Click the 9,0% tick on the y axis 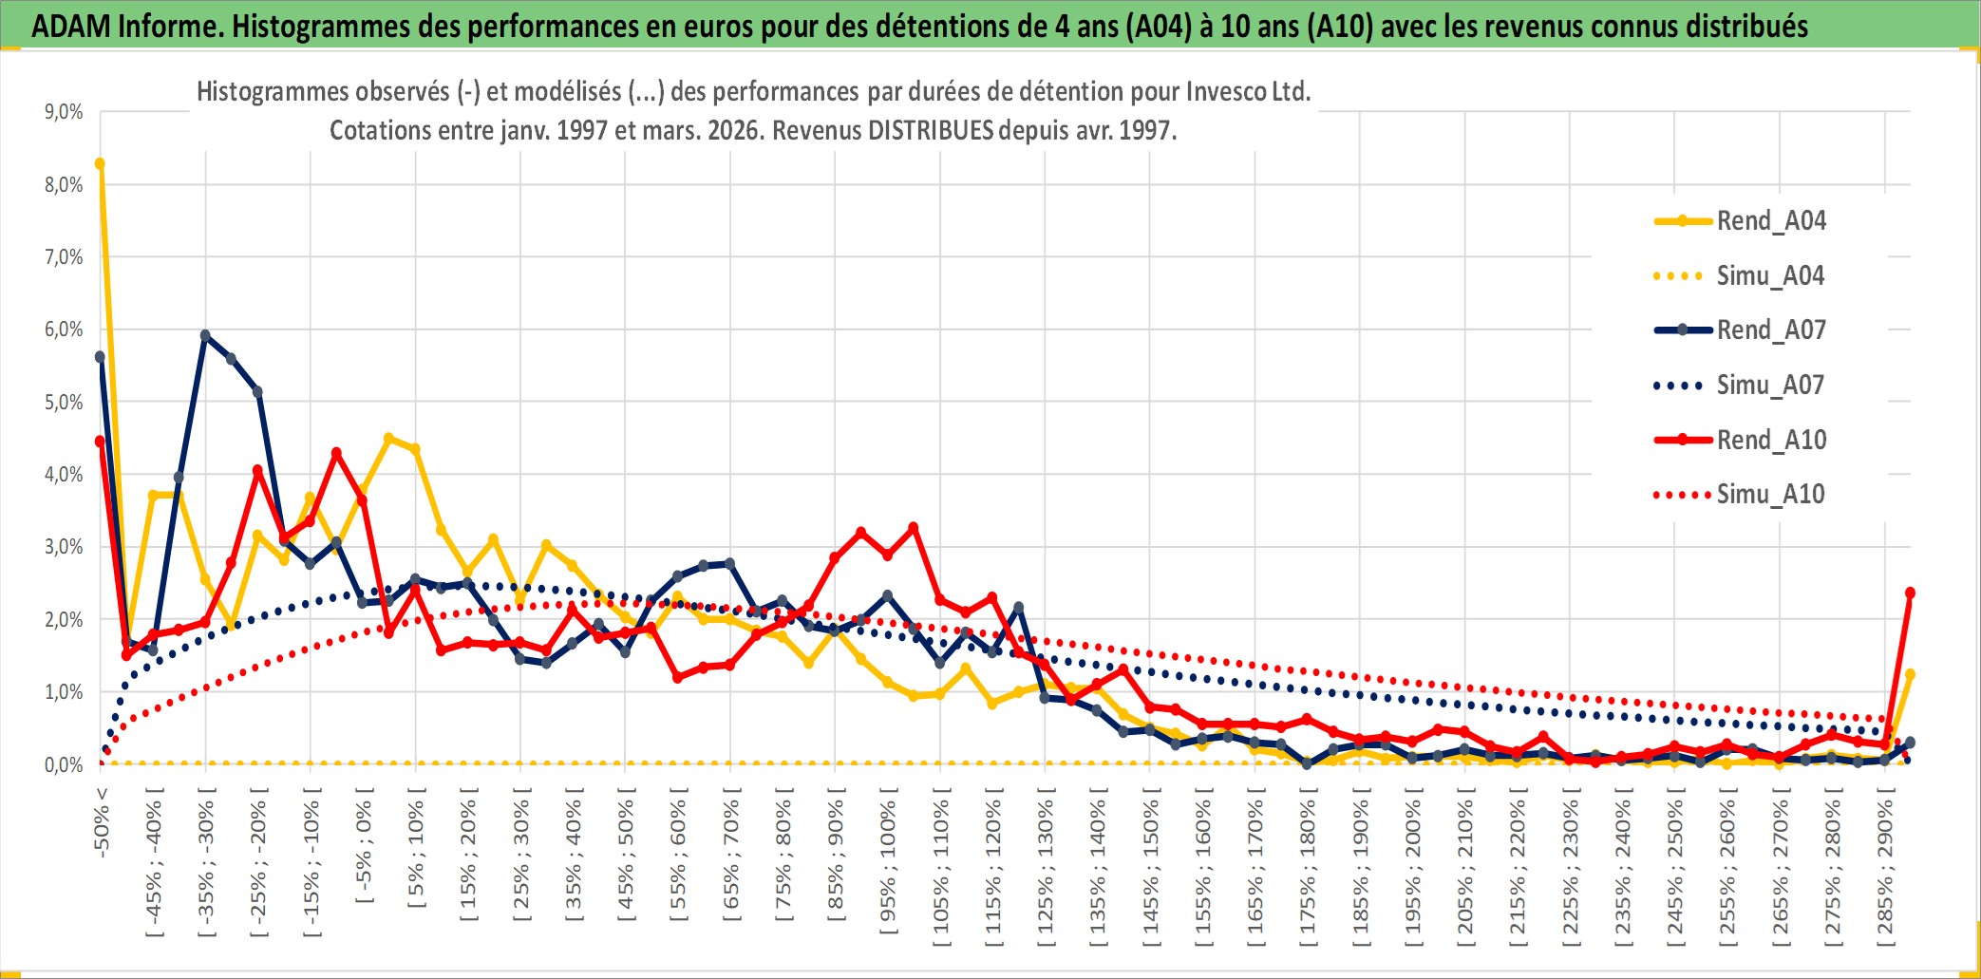coord(64,112)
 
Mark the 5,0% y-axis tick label coord(64,403)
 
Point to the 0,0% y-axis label coord(64,765)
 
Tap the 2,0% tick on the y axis coord(64,620)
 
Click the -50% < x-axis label coord(103,822)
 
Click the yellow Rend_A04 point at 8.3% coord(100,163)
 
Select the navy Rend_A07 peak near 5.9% coord(205,335)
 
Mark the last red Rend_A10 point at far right coord(1910,593)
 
